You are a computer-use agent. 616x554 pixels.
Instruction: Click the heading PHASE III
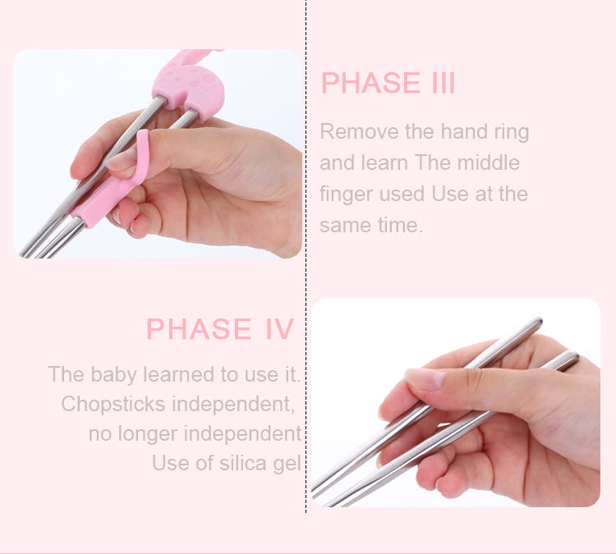[388, 84]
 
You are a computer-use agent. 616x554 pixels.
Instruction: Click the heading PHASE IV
[219, 329]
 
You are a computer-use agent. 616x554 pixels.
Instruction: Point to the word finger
[345, 195]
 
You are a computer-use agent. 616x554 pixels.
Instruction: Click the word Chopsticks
[117, 405]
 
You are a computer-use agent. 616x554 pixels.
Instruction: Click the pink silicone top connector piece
[187, 82]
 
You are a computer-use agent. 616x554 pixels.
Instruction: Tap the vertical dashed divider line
[306, 271]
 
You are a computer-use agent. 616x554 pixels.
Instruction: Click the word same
[347, 226]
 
